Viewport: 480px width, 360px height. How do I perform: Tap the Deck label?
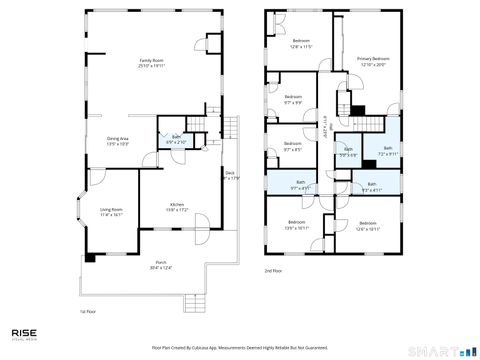click(229, 176)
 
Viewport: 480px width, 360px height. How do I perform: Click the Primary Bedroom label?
click(373, 62)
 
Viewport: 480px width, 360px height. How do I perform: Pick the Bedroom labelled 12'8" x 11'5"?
click(301, 44)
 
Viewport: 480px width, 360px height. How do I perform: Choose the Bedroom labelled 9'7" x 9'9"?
click(292, 100)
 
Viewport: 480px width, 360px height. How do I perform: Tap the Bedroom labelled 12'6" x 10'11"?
click(367, 225)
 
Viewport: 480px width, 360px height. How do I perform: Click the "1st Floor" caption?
click(87, 312)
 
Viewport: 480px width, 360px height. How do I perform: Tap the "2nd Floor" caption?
click(273, 271)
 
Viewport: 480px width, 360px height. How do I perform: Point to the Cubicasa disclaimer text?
click(240, 347)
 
